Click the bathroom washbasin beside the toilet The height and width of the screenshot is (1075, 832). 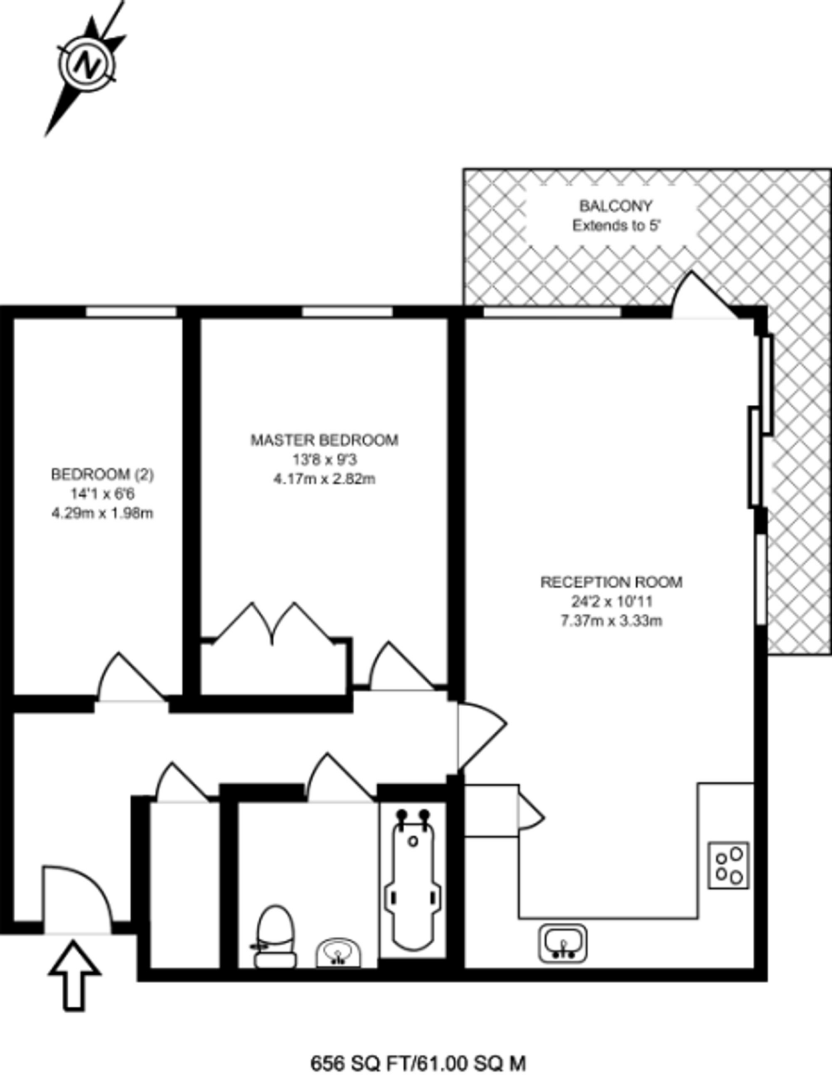(x=339, y=953)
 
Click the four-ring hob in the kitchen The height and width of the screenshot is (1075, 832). (x=729, y=865)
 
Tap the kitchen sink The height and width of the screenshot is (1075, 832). (x=563, y=943)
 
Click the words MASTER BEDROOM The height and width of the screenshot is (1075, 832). (x=324, y=440)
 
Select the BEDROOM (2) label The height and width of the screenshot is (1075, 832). (x=102, y=475)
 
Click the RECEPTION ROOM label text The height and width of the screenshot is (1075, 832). (x=612, y=582)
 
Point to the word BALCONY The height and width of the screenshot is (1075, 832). (x=616, y=205)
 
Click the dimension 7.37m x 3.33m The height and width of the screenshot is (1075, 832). (x=612, y=621)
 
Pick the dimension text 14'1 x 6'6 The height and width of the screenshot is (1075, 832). (x=102, y=494)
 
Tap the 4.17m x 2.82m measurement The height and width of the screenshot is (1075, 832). (x=324, y=479)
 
